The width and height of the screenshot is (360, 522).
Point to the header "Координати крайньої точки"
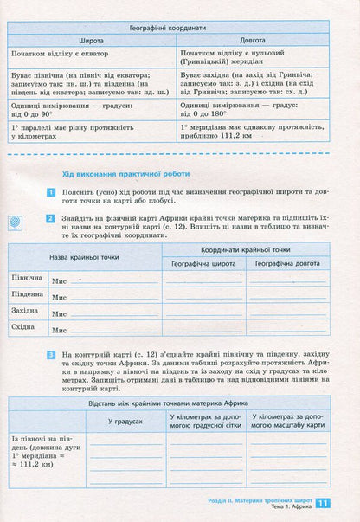(247, 249)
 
